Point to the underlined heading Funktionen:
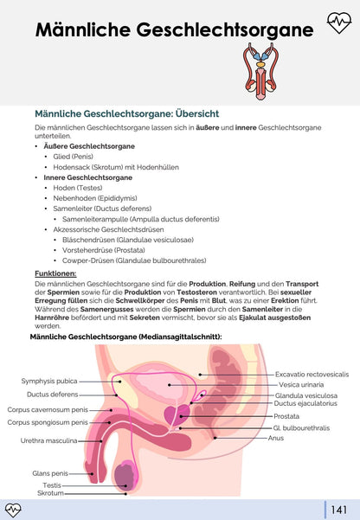click(55, 273)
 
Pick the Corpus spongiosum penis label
click(47, 422)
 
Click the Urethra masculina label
click(48, 440)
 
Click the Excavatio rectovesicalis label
click(312, 374)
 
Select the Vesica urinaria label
click(300, 384)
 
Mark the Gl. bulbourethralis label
click(299, 428)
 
